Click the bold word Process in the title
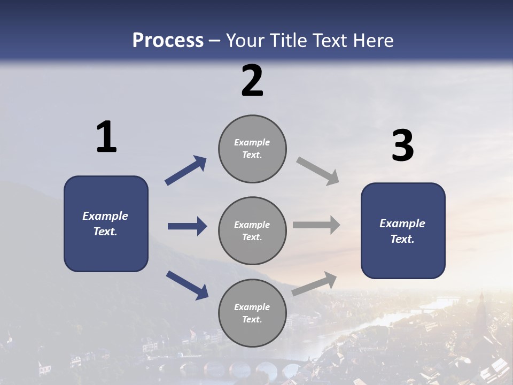(168, 41)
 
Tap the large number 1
(106, 137)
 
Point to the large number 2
(252, 81)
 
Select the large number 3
(402, 145)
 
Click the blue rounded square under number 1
(106, 224)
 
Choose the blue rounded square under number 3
(403, 230)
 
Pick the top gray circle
(252, 149)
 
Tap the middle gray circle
(252, 230)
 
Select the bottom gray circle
(252, 313)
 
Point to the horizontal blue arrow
(187, 226)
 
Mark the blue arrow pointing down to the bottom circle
(187, 285)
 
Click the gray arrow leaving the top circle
(318, 171)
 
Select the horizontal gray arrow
(316, 225)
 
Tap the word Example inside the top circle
(252, 142)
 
